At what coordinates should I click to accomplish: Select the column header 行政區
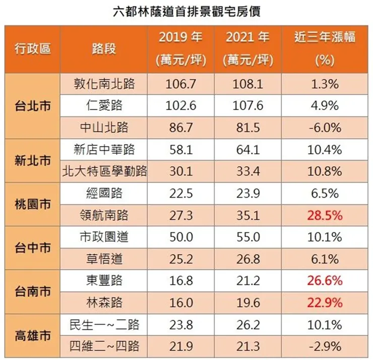pos(32,49)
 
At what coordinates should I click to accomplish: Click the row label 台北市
pos(32,106)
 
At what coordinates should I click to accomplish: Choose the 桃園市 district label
pos(32,204)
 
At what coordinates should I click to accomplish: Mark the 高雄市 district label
pos(32,335)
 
